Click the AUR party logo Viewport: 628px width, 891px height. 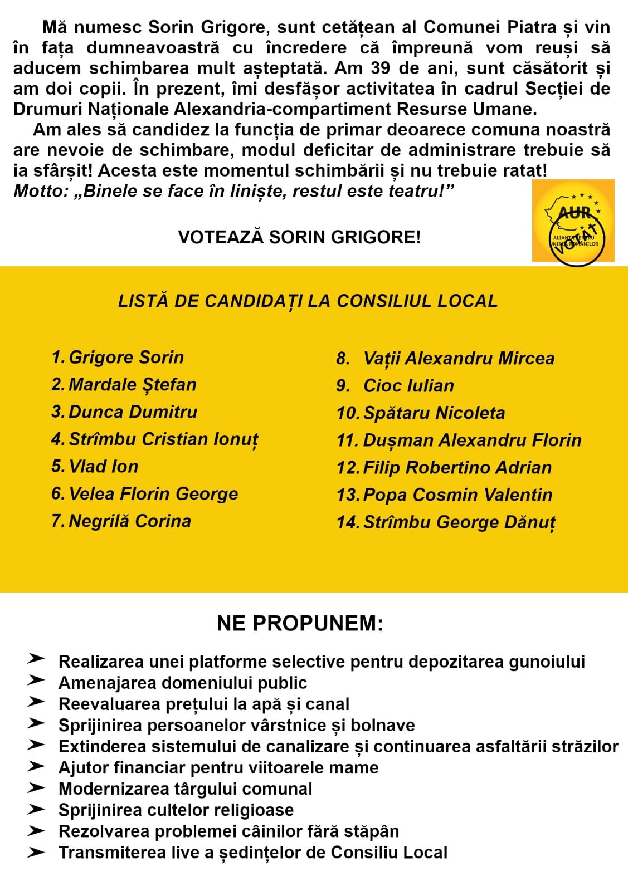pyautogui.click(x=573, y=221)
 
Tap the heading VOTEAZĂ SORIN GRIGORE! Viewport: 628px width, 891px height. pyautogui.click(x=299, y=237)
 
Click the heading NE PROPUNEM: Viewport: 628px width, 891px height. pyautogui.click(x=300, y=624)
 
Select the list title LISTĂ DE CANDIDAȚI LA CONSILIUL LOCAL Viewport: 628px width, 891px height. pyautogui.click(x=308, y=301)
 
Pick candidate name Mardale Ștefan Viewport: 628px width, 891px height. pyautogui.click(x=132, y=385)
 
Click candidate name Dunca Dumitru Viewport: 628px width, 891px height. pyautogui.click(x=133, y=412)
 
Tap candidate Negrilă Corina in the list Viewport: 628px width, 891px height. pyautogui.click(x=129, y=521)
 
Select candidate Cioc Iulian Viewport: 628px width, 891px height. pyautogui.click(x=408, y=386)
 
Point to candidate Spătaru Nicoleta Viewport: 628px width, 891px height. pyautogui.click(x=434, y=413)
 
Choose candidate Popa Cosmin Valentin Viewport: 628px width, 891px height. pyautogui.click(x=457, y=495)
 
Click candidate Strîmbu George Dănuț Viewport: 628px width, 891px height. pyautogui.click(x=459, y=522)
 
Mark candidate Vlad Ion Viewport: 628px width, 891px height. pyautogui.click(x=103, y=467)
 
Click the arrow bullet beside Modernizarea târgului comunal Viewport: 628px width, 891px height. pyautogui.click(x=36, y=789)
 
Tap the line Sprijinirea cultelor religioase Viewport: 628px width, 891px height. pyautogui.click(x=176, y=810)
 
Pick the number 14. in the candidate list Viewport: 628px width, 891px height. pyautogui.click(x=348, y=522)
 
